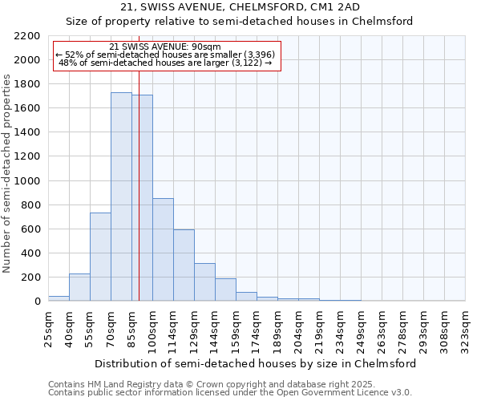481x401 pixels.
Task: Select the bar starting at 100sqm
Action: (x=163, y=249)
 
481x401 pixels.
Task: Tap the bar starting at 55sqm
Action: (x=100, y=257)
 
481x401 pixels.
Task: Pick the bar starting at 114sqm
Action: (x=184, y=265)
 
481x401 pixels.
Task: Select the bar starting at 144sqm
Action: (x=225, y=290)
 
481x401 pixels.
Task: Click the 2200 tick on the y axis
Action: (x=27, y=36)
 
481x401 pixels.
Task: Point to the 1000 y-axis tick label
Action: (x=27, y=181)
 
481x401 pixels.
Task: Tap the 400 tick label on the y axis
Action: (x=30, y=253)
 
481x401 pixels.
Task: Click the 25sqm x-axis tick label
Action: (x=49, y=327)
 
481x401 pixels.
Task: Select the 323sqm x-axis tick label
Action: (x=466, y=327)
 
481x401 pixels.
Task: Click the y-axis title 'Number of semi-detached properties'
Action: (x=8, y=173)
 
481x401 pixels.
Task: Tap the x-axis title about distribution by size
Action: (x=255, y=363)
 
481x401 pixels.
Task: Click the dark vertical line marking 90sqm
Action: (x=139, y=200)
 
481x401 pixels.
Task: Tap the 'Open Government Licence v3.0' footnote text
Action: (x=321, y=393)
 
